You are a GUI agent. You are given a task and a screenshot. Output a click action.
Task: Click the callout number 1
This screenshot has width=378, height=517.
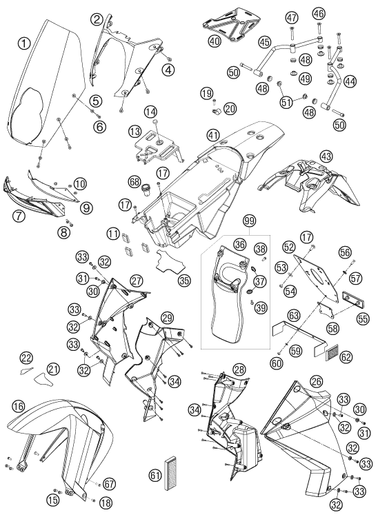pos(24,43)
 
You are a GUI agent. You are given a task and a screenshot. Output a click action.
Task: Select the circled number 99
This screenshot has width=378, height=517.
pos(250,221)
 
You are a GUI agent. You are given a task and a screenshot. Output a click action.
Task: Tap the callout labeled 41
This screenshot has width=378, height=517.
pos(213,134)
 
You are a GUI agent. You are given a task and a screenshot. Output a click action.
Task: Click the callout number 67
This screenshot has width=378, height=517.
pos(110,485)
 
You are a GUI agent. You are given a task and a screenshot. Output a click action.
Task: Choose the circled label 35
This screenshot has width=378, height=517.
pos(183,280)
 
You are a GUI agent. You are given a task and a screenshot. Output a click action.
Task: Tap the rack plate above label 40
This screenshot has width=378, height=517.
pos(231,24)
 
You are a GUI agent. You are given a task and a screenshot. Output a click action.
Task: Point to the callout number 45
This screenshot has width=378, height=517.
pos(265,42)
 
